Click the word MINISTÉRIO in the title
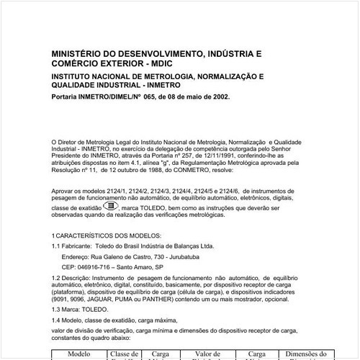tap(78, 54)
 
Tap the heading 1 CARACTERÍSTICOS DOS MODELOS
tap(107, 236)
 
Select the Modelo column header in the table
tap(78, 354)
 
